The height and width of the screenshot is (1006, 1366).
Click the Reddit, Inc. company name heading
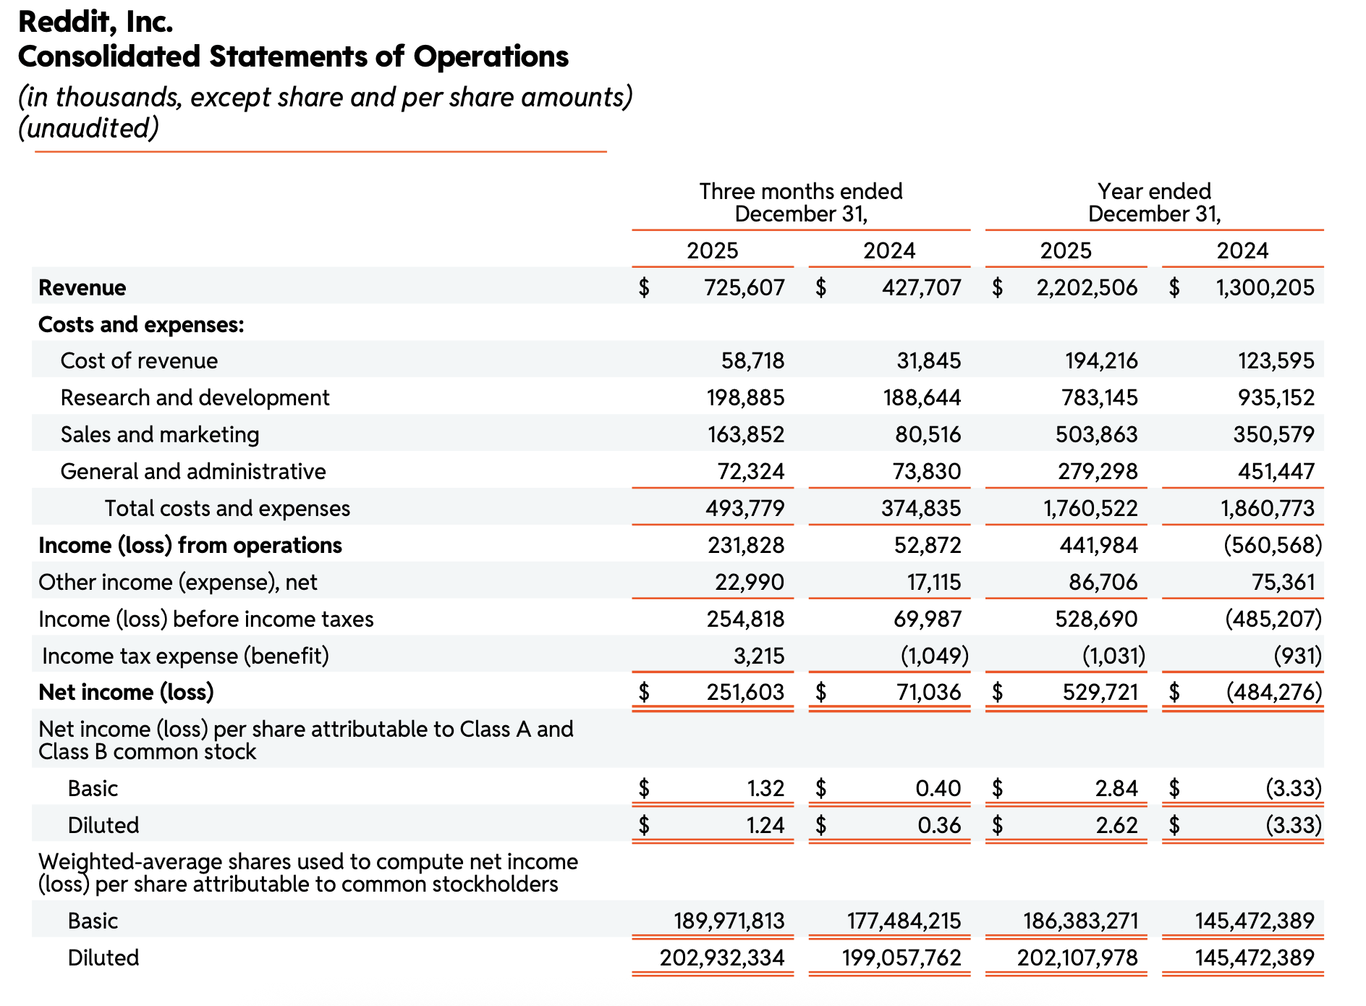[x=96, y=22]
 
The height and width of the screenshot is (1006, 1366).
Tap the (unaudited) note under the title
[x=88, y=128]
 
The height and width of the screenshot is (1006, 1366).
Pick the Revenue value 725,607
[x=744, y=287]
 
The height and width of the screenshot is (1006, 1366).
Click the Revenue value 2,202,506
[x=1087, y=287]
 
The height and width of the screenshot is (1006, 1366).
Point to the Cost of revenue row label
[x=139, y=360]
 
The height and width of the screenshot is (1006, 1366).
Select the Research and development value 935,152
[x=1276, y=397]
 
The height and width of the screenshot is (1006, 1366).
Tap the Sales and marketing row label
[x=160, y=434]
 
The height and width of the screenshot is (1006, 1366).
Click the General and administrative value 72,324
[x=751, y=471]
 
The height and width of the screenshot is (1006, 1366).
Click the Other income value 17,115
[x=934, y=582]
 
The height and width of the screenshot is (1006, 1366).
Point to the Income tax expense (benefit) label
[x=185, y=656]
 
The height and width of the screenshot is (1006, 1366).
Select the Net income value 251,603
[x=745, y=692]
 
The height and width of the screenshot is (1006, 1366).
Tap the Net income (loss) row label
[x=126, y=692]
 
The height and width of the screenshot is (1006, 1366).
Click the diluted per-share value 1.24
[x=765, y=825]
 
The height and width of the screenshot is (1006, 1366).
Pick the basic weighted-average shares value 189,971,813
[x=729, y=921]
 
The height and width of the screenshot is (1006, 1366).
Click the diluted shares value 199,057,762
[x=902, y=958]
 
